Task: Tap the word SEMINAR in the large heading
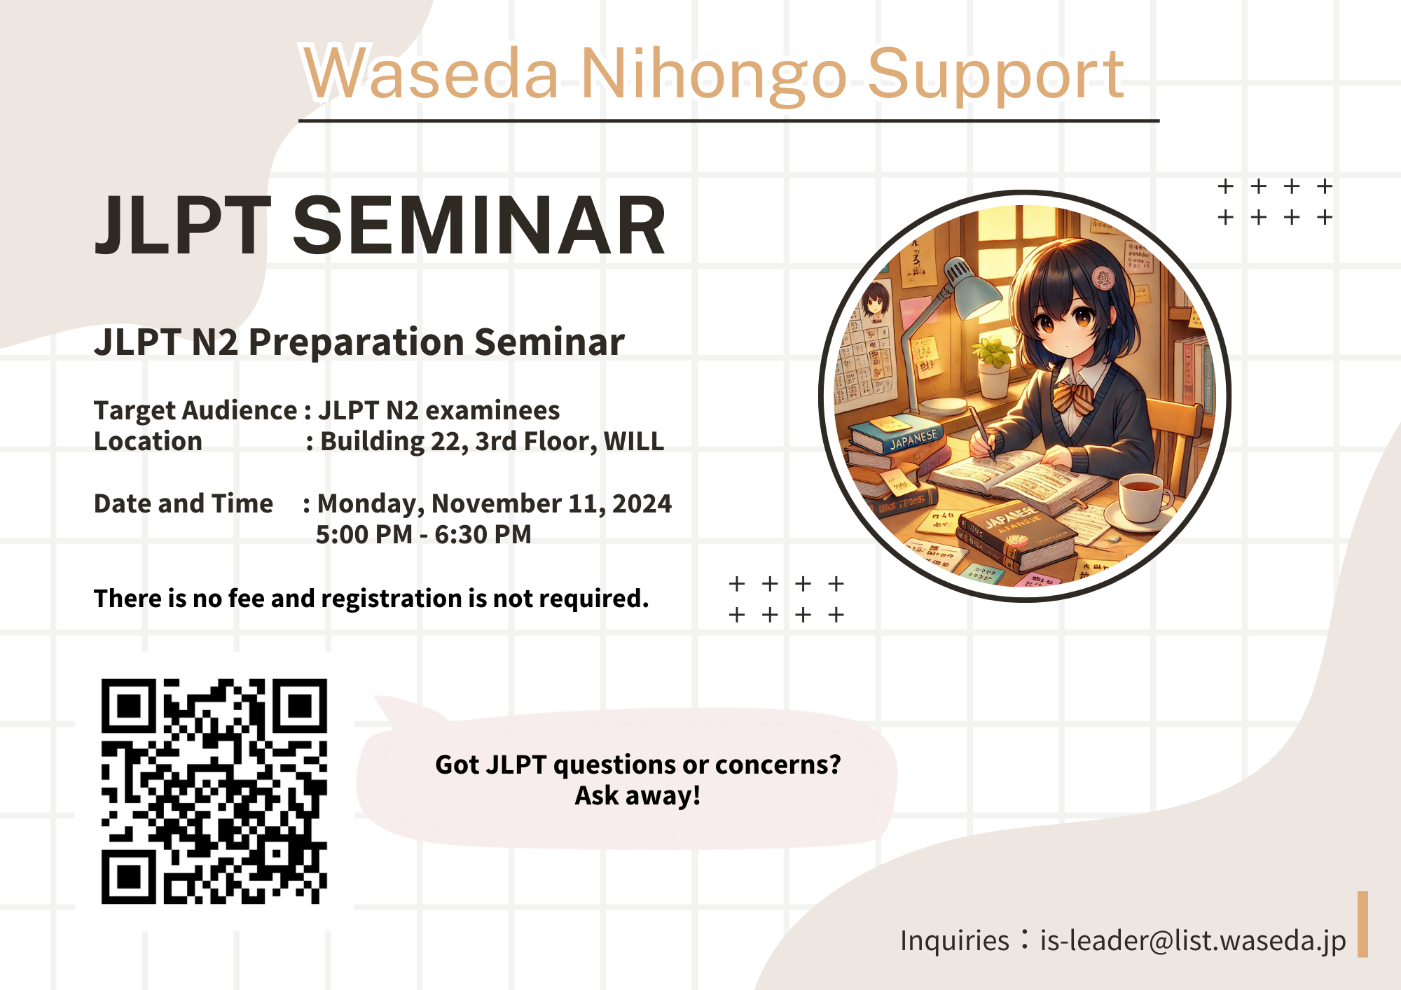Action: point(479,225)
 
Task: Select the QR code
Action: point(214,791)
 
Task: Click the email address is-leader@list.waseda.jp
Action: point(1192,941)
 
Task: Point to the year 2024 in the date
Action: point(642,503)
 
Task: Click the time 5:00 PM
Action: point(364,534)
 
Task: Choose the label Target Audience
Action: point(195,410)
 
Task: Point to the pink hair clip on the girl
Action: point(1104,278)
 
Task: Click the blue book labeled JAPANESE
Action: point(899,435)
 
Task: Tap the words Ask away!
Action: point(637,796)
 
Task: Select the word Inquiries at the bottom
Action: point(954,941)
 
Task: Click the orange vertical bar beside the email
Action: point(1362,924)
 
